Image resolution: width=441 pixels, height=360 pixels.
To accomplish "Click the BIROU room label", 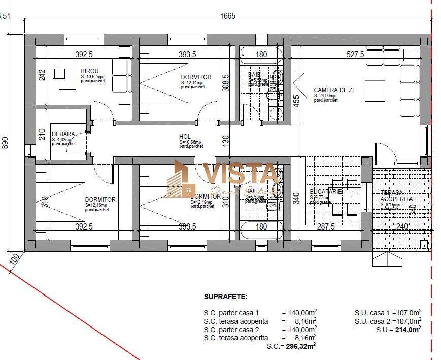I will pyautogui.click(x=90, y=71).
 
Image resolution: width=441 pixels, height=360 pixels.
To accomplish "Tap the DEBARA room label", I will pyautogui.click(x=63, y=135).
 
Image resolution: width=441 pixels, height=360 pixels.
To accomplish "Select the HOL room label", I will pyautogui.click(x=185, y=137).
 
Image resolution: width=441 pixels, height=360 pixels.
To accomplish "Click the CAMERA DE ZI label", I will pyautogui.click(x=333, y=90).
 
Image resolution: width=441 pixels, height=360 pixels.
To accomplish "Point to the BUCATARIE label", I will pyautogui.click(x=325, y=192).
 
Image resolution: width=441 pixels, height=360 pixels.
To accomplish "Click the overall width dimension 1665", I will pyautogui.click(x=227, y=16).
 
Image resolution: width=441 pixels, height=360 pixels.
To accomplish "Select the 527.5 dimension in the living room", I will pyautogui.click(x=355, y=54).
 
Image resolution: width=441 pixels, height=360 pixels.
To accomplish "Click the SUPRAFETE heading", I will pyautogui.click(x=225, y=297).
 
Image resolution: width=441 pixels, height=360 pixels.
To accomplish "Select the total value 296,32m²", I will pyautogui.click(x=299, y=346).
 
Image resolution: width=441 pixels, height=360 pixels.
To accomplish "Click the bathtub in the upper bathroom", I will pyautogui.click(x=260, y=53).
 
